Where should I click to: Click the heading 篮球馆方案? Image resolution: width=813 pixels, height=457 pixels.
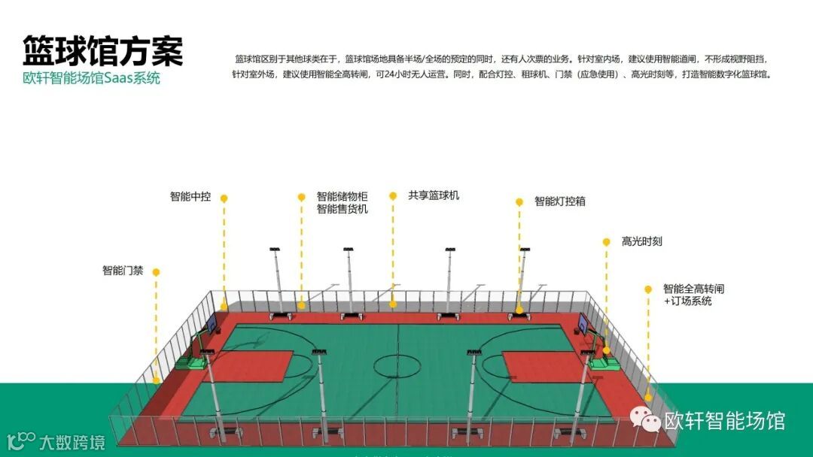click(x=102, y=51)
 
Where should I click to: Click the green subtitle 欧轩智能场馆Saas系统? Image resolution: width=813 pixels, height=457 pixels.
click(x=91, y=78)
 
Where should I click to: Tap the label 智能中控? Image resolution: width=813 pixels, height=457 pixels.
click(x=190, y=197)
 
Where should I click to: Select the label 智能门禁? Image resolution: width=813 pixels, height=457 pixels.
click(x=123, y=271)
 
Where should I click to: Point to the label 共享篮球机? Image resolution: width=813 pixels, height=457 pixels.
click(x=434, y=195)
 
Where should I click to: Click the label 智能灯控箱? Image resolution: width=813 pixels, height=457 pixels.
click(x=560, y=201)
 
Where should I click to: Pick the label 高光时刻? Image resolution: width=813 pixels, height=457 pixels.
click(x=641, y=242)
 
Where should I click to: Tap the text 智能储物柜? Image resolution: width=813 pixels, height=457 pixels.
click(x=343, y=196)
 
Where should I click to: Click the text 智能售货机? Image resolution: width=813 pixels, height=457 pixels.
click(x=343, y=209)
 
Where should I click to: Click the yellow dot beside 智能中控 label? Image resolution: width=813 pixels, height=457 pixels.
click(x=224, y=198)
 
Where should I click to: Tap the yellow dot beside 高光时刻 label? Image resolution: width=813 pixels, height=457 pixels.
click(x=606, y=242)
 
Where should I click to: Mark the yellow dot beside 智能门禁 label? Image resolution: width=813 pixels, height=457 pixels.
click(x=156, y=272)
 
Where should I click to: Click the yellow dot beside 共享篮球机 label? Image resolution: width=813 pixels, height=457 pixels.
click(x=393, y=195)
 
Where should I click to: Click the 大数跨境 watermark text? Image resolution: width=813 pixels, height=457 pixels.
click(x=72, y=441)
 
